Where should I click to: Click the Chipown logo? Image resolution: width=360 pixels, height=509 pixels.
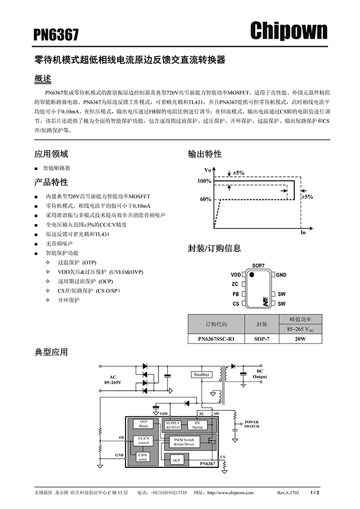pyautogui.click(x=289, y=31)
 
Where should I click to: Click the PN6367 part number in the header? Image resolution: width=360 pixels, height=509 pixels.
pyautogui.click(x=57, y=34)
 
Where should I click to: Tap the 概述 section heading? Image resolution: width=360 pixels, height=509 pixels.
pyautogui.click(x=43, y=79)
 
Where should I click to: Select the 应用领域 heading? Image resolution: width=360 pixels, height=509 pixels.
pyautogui.click(x=51, y=154)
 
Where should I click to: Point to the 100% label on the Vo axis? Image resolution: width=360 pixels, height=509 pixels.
pyautogui.click(x=204, y=181)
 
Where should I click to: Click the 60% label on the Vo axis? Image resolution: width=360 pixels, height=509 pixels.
pyautogui.click(x=205, y=198)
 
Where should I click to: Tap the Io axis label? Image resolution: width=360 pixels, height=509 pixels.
pyautogui.click(x=303, y=232)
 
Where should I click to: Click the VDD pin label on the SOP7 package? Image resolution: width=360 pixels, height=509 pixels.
pyautogui.click(x=236, y=275)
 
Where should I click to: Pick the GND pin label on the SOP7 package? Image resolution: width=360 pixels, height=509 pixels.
pyautogui.click(x=281, y=275)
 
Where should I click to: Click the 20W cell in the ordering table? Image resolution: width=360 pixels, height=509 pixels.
pyautogui.click(x=300, y=339)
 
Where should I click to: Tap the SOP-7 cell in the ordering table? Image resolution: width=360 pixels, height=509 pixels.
pyautogui.click(x=261, y=339)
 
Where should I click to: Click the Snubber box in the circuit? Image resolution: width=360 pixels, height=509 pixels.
pyautogui.click(x=202, y=375)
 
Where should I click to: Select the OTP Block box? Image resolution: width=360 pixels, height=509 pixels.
pyautogui.click(x=143, y=424)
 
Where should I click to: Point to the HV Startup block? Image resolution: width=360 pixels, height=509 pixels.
pyautogui.click(x=197, y=424)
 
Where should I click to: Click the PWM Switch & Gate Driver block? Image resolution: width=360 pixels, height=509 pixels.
pyautogui.click(x=184, y=442)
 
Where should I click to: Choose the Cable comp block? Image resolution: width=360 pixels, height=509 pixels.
pyautogui.click(x=143, y=457)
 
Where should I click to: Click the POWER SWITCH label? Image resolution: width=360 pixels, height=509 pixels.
pyautogui.click(x=251, y=424)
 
